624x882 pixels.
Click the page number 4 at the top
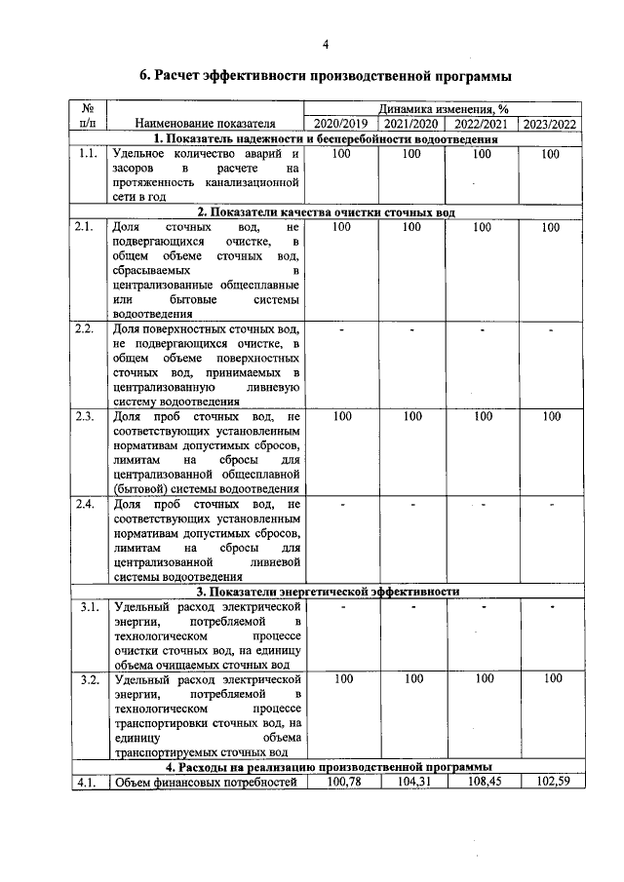tap(326, 44)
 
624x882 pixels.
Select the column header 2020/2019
tap(342, 124)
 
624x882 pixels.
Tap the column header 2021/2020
tap(410, 124)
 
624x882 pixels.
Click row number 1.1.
tap(88, 154)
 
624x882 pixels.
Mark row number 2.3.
tap(88, 417)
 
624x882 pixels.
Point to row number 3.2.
tap(88, 679)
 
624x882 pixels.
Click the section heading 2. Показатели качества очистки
tap(326, 211)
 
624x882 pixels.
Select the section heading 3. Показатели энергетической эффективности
tap(326, 592)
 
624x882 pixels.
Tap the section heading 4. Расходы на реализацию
tap(326, 766)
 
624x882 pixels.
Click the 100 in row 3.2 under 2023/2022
tap(552, 678)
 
